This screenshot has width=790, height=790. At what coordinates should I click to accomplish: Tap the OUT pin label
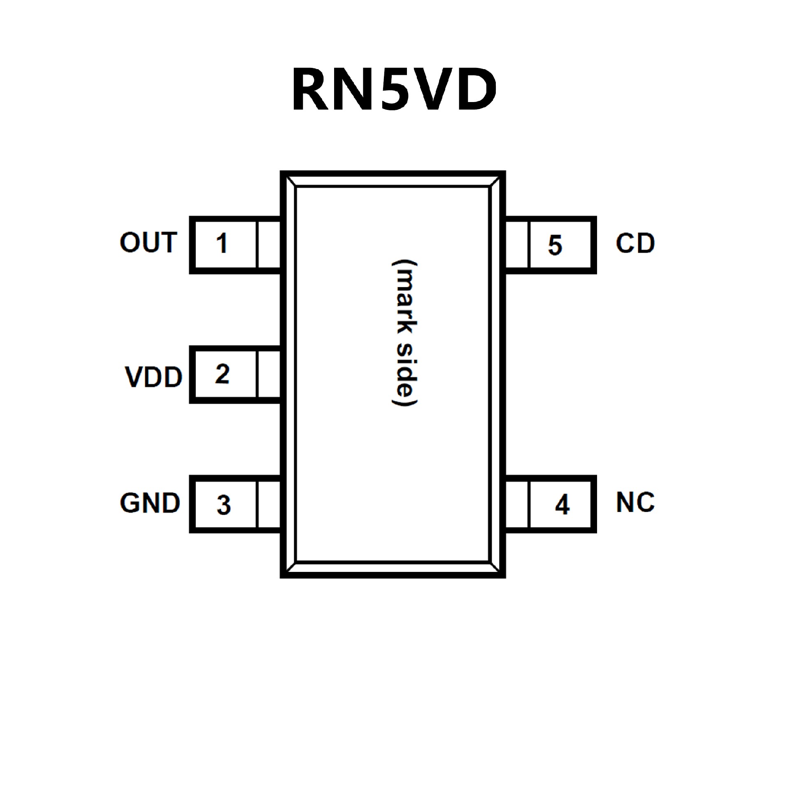(149, 242)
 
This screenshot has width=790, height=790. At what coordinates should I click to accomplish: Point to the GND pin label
(150, 503)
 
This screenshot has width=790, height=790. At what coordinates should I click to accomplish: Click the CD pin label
(635, 243)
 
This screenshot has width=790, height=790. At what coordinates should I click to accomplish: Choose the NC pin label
(635, 502)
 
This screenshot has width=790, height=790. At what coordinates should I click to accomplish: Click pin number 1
(222, 243)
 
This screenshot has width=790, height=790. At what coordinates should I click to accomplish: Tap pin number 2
(222, 374)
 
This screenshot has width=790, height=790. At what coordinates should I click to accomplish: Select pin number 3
(223, 505)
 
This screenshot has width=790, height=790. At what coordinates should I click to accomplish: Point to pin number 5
(555, 245)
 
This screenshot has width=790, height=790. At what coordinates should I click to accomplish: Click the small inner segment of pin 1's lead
(268, 245)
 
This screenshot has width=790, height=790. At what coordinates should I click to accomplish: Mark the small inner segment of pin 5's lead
(517, 245)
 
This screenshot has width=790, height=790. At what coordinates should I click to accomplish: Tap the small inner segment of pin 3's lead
(268, 504)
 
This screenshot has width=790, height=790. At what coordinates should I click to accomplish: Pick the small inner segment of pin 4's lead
(517, 504)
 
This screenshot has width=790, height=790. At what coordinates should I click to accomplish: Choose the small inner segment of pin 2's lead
(268, 374)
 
